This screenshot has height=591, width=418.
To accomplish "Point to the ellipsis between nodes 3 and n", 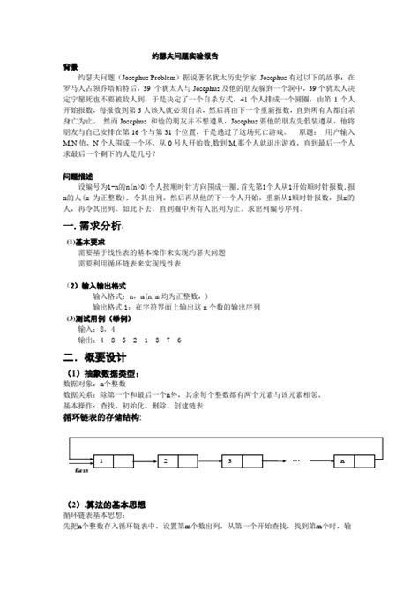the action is (x=295, y=460).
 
